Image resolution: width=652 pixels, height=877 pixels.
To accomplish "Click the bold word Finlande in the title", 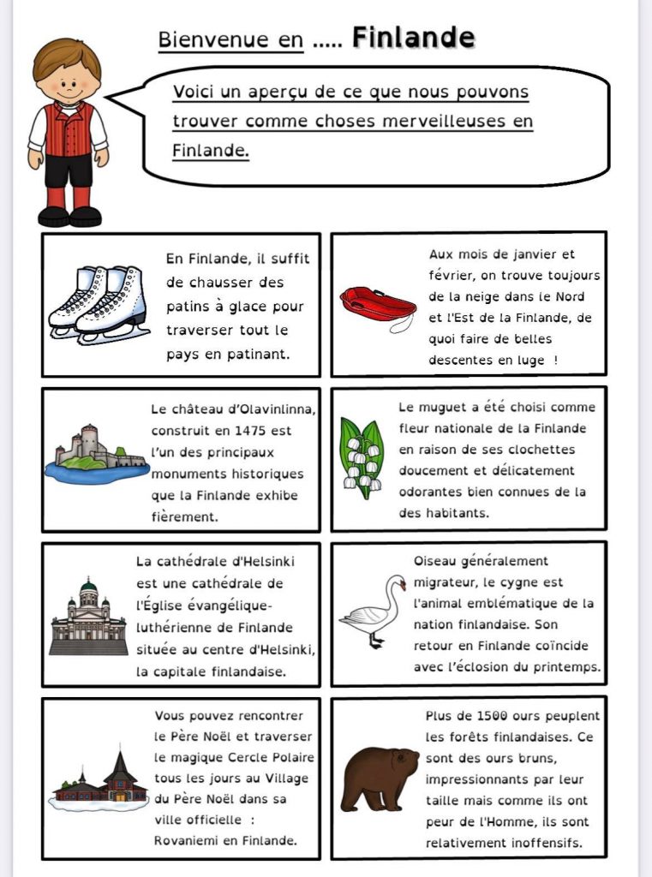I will [413, 38].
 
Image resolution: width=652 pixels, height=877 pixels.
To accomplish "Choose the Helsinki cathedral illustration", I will [88, 617].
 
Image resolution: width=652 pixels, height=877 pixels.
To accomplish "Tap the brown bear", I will [378, 777].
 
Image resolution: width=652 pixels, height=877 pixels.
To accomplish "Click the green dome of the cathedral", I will [88, 587].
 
